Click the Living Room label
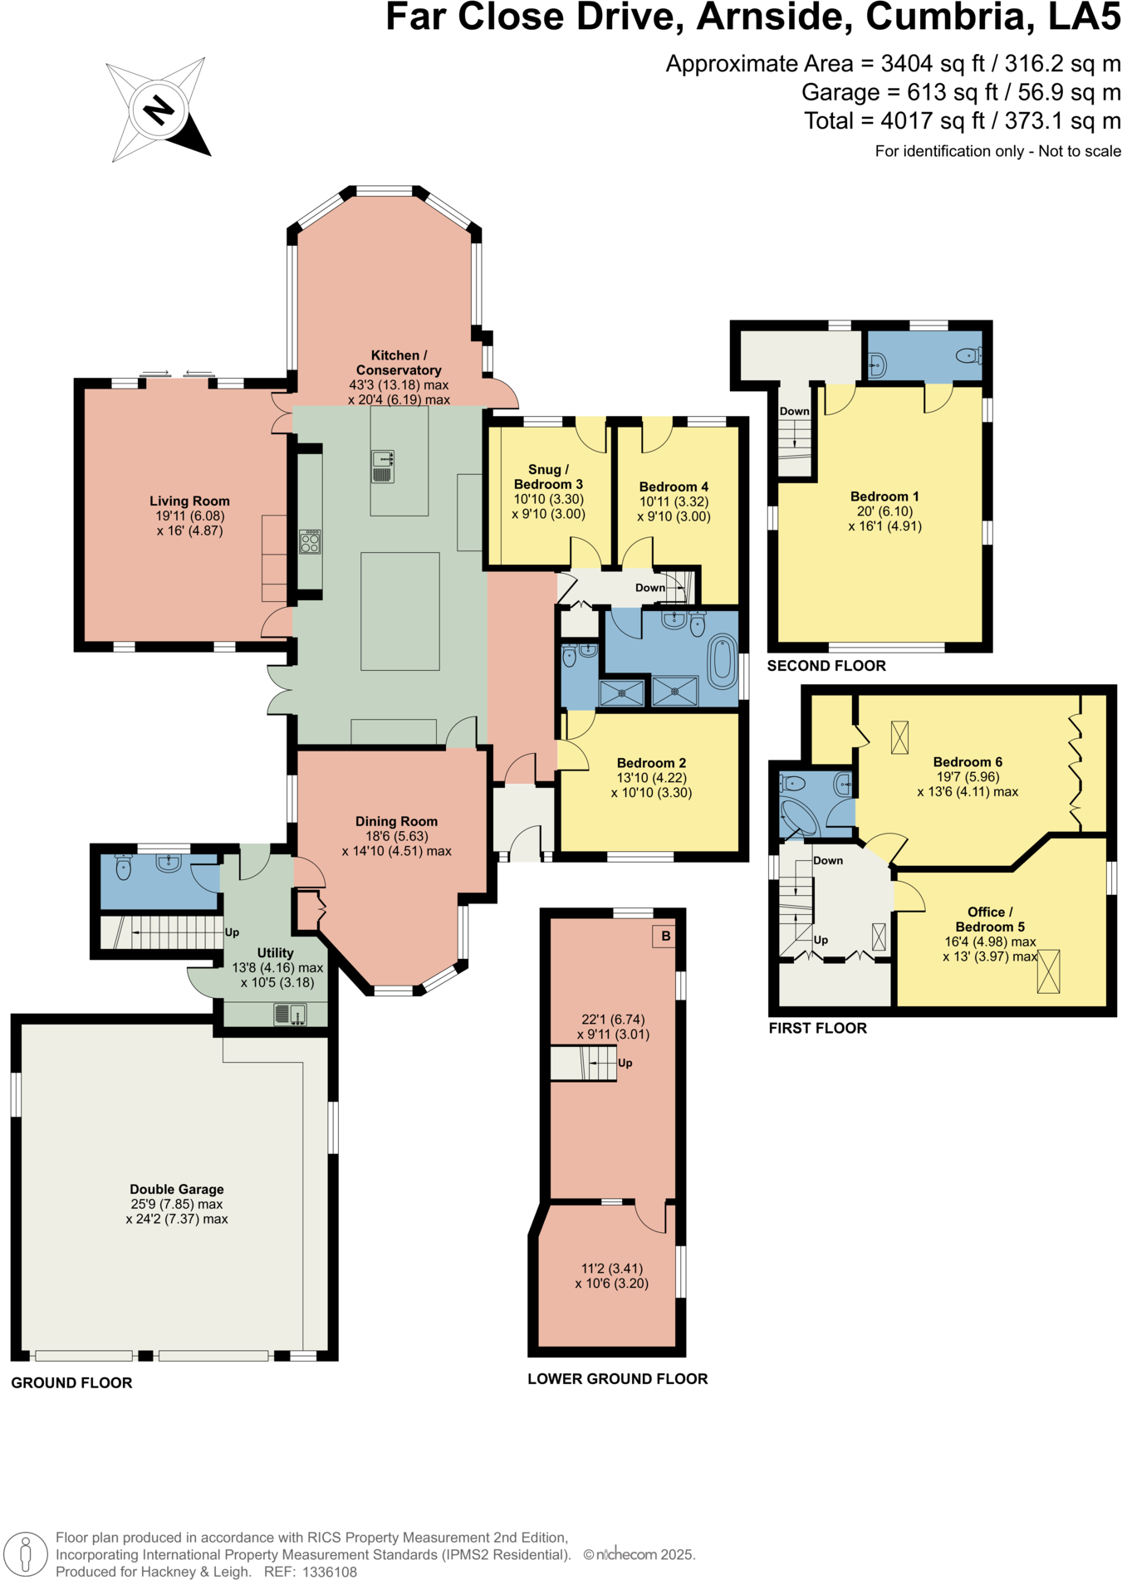[x=189, y=501]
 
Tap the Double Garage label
[x=177, y=1189]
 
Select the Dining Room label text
[x=396, y=821]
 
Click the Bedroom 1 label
[x=884, y=497]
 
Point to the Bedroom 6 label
[x=968, y=762]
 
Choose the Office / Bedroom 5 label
[x=990, y=919]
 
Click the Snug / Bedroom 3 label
[x=548, y=477]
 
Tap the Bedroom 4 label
[x=674, y=487]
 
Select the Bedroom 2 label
[x=651, y=763]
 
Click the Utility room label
[x=275, y=953]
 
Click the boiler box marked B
[x=665, y=936]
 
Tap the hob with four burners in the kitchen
[x=310, y=542]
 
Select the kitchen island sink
[x=383, y=466]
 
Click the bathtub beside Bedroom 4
[x=722, y=661]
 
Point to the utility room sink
[x=291, y=1014]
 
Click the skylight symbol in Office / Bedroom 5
[x=1049, y=971]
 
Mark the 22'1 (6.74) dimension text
[x=613, y=1020]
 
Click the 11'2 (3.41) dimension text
[x=611, y=1269]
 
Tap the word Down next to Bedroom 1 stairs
[x=794, y=411]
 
